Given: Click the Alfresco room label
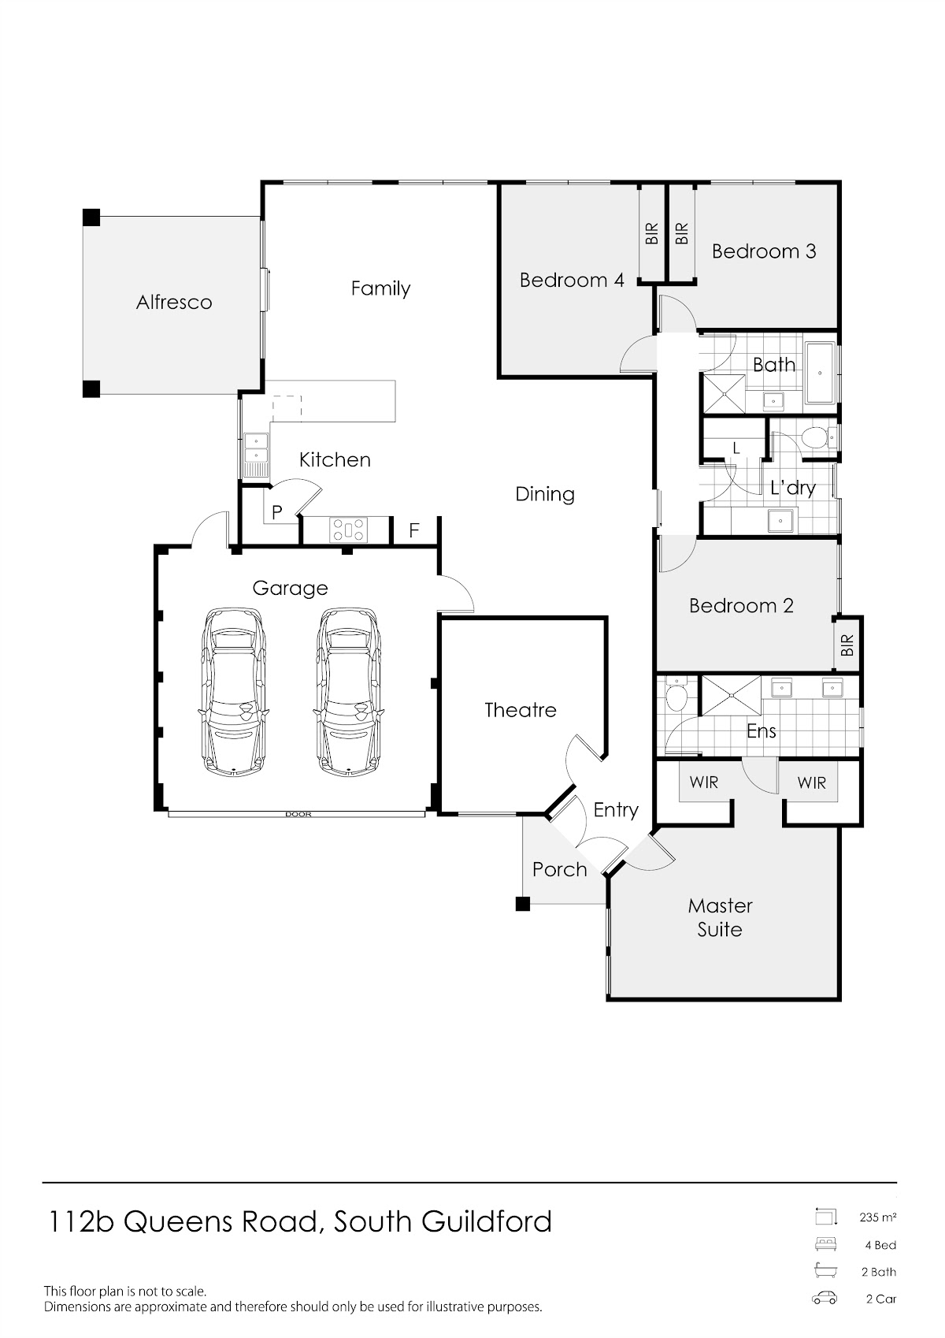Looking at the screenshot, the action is [x=174, y=303].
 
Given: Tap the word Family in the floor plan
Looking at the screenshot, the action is [x=380, y=289].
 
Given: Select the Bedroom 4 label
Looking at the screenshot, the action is [x=571, y=281].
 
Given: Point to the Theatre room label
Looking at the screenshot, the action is [x=520, y=710].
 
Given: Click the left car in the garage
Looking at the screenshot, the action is [x=232, y=693].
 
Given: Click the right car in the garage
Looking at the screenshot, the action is [x=349, y=693].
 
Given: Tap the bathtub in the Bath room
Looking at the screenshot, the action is [x=821, y=374].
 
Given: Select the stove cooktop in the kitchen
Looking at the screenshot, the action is [x=349, y=530].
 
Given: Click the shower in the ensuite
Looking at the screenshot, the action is [x=732, y=695].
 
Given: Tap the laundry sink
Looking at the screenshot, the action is [x=780, y=520].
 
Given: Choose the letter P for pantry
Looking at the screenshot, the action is [x=277, y=512].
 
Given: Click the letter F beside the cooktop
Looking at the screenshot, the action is [x=414, y=530].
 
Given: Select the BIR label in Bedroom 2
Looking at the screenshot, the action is [x=847, y=645].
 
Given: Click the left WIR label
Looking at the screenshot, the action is [x=704, y=782].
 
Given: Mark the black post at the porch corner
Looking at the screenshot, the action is [x=522, y=904].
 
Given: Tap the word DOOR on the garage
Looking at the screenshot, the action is [x=298, y=814].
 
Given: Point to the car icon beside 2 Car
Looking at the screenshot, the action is [x=825, y=1299].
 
